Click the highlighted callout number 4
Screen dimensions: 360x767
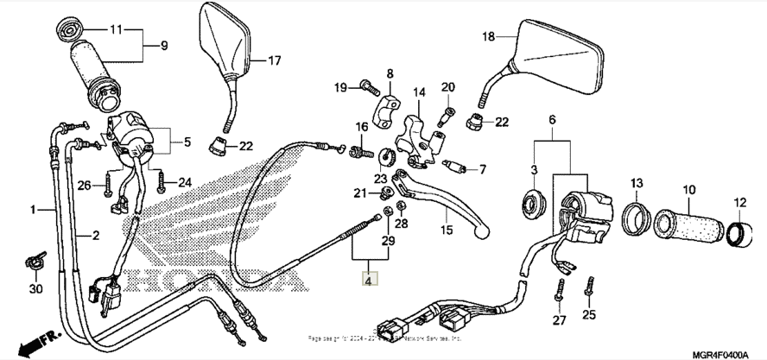point(369,280)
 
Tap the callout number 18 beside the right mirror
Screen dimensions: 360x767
point(489,36)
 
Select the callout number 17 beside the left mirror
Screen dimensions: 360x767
point(274,60)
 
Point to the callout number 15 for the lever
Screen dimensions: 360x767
point(447,231)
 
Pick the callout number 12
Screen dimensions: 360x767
point(740,203)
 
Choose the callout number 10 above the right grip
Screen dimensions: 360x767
point(689,189)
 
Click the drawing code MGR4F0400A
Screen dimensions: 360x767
point(727,354)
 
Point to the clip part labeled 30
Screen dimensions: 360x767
point(35,257)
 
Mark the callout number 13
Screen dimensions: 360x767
point(637,183)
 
